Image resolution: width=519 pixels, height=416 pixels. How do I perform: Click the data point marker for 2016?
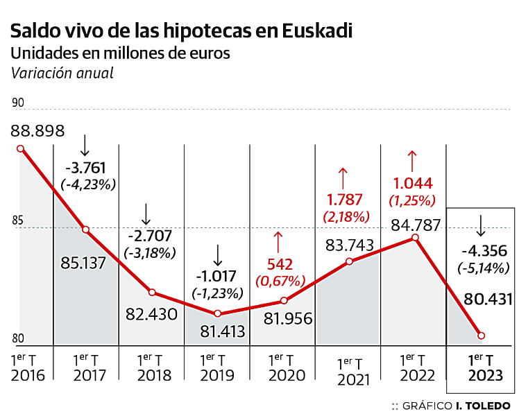(x=20, y=148)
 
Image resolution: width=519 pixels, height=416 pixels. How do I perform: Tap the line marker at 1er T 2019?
(x=218, y=313)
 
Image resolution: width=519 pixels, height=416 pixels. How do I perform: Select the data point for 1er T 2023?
(x=482, y=336)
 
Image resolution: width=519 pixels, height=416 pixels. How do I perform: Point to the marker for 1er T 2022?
(x=415, y=237)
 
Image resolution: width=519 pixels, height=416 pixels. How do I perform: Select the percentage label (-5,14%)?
(x=483, y=268)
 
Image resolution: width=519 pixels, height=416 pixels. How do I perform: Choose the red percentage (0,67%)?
(x=280, y=281)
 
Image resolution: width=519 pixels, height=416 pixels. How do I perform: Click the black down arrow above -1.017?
(x=218, y=255)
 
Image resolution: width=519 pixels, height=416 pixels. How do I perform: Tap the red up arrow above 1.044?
(x=413, y=161)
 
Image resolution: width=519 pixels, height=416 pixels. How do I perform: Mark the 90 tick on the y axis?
(x=17, y=103)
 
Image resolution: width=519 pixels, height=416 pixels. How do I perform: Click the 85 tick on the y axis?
(x=17, y=221)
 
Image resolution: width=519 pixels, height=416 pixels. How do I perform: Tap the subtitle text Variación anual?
(x=61, y=73)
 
